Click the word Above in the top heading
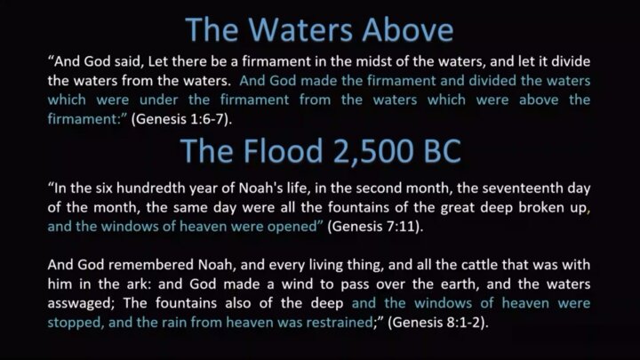tap(407, 30)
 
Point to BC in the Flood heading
tap(443, 151)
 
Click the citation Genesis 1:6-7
tap(181, 119)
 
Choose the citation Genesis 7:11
tap(375, 227)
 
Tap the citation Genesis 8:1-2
tap(437, 323)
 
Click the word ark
tap(139, 284)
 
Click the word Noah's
tap(256, 188)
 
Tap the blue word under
tap(159, 100)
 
